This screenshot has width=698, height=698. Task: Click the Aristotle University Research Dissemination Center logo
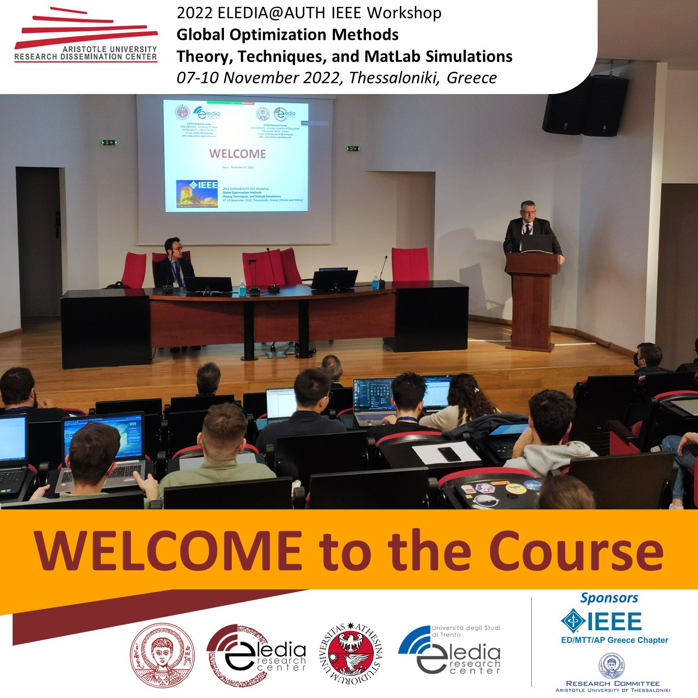[86, 36]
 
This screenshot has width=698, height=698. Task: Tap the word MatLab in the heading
[392, 56]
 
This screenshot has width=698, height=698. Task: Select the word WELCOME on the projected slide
[238, 154]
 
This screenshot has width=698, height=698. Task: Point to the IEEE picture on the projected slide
[197, 193]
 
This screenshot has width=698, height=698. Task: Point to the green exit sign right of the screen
[353, 148]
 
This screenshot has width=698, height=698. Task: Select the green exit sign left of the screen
[109, 142]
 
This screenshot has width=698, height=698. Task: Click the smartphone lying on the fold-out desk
[449, 454]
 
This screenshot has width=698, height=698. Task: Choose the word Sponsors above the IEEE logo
[609, 598]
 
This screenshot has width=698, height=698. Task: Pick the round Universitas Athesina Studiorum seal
[351, 655]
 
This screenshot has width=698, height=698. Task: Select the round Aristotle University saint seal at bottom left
[162, 655]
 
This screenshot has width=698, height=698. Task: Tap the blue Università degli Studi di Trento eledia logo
[449, 650]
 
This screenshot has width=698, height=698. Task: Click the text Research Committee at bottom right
[613, 683]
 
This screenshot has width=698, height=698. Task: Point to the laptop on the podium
[536, 243]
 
